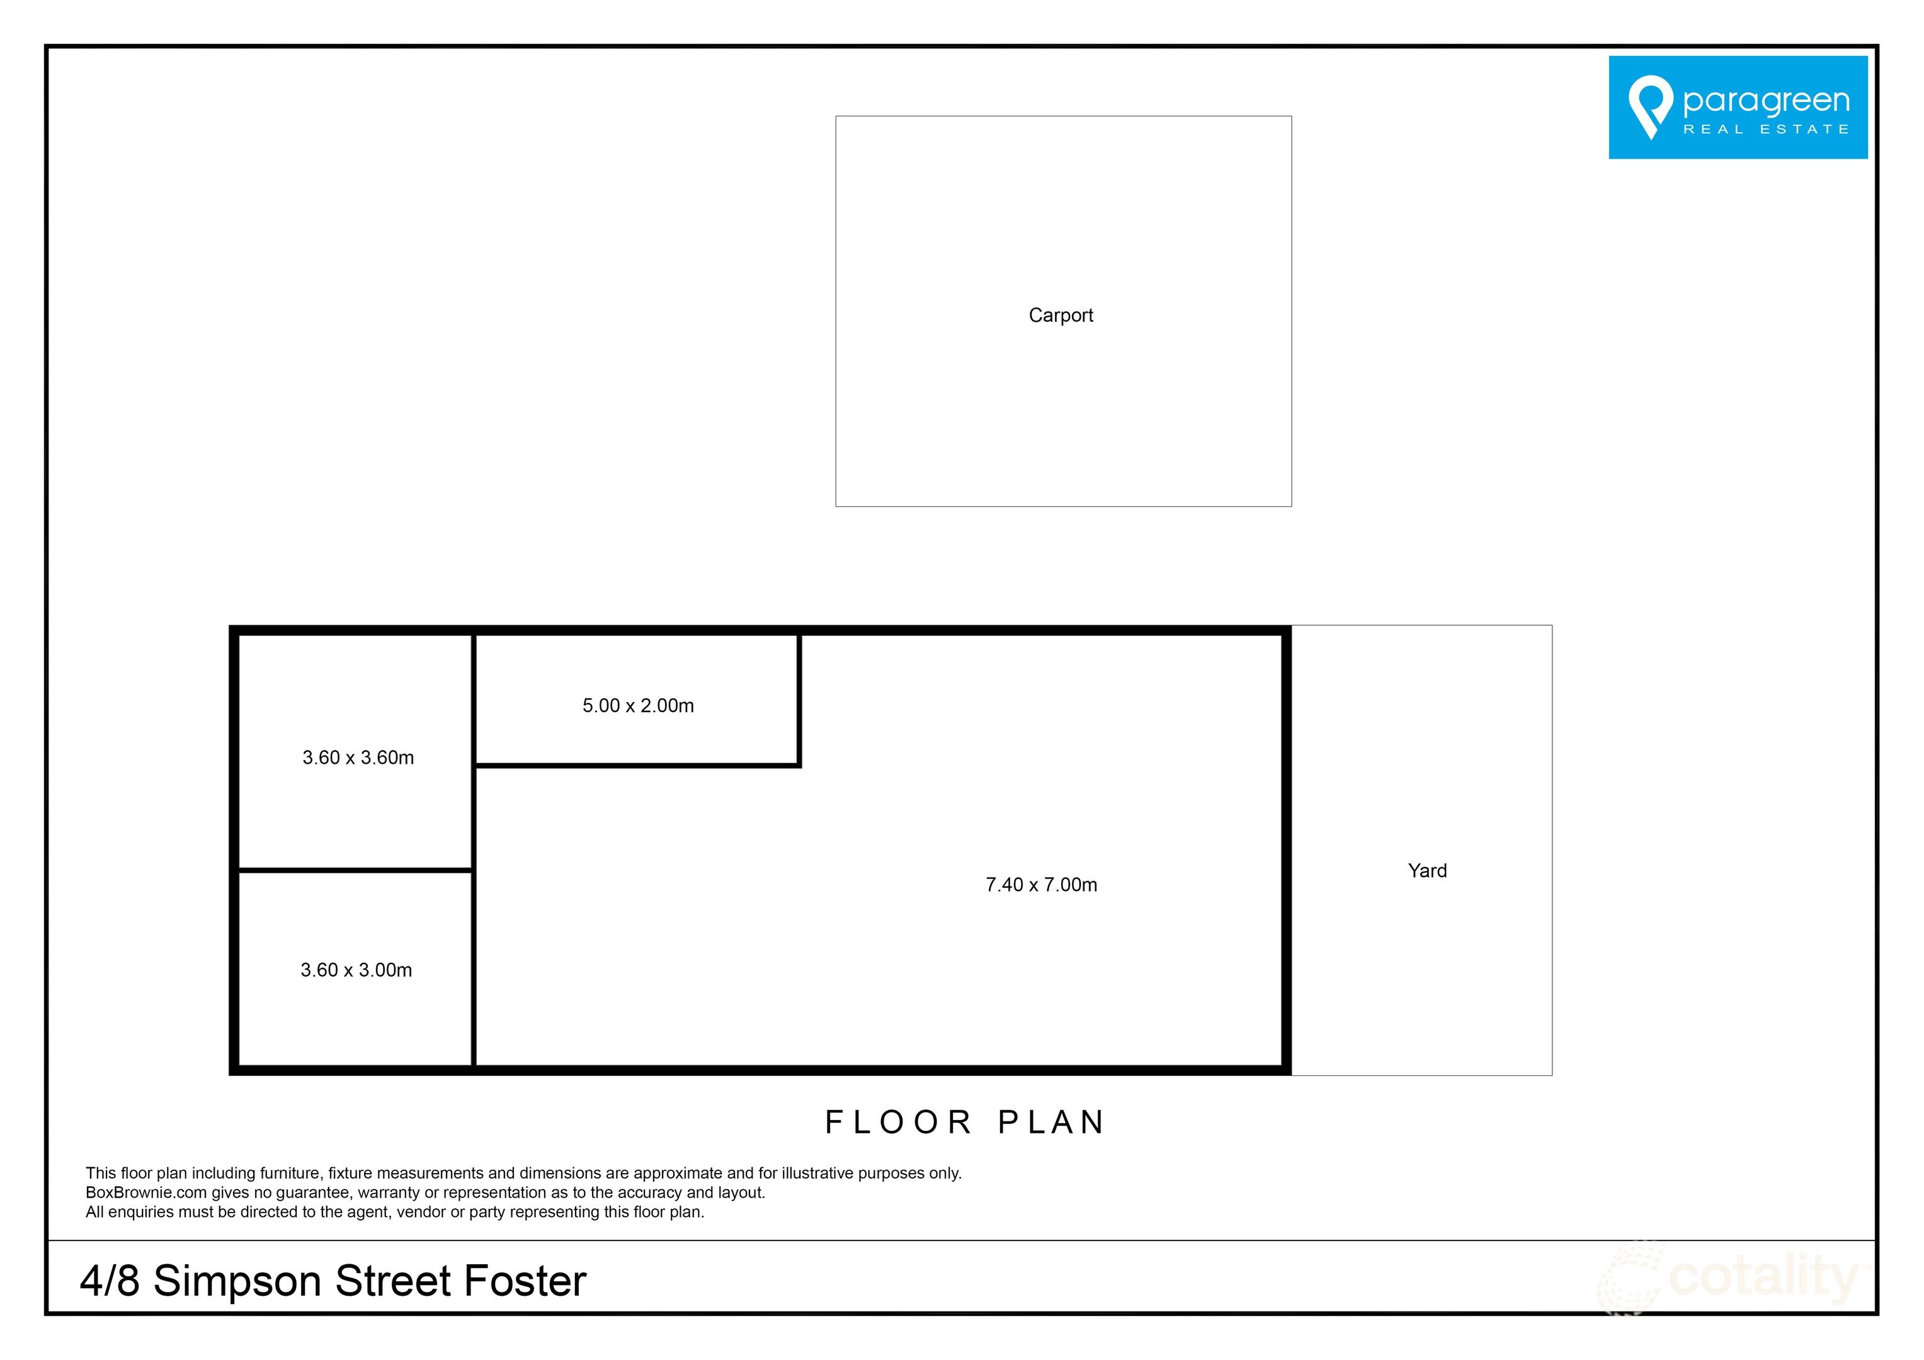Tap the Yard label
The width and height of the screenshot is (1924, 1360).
tap(1427, 871)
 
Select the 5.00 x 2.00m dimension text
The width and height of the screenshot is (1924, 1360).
tap(638, 706)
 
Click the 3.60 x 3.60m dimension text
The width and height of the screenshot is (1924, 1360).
tap(358, 757)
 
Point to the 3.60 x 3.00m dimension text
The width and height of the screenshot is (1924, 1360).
tap(356, 970)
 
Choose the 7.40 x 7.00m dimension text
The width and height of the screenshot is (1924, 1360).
tap(1041, 884)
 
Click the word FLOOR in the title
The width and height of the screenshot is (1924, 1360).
tap(898, 1122)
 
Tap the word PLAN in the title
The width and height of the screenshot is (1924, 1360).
tap(1052, 1122)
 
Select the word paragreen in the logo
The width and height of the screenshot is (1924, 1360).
tap(1766, 101)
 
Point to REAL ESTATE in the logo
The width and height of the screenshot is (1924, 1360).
tap(1766, 129)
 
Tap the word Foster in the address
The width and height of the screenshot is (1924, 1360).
tap(525, 1281)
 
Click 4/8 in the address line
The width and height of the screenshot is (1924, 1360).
tap(110, 1281)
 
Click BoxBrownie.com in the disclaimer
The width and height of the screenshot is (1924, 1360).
tap(146, 1193)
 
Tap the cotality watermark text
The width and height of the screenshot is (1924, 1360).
tap(1763, 1278)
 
